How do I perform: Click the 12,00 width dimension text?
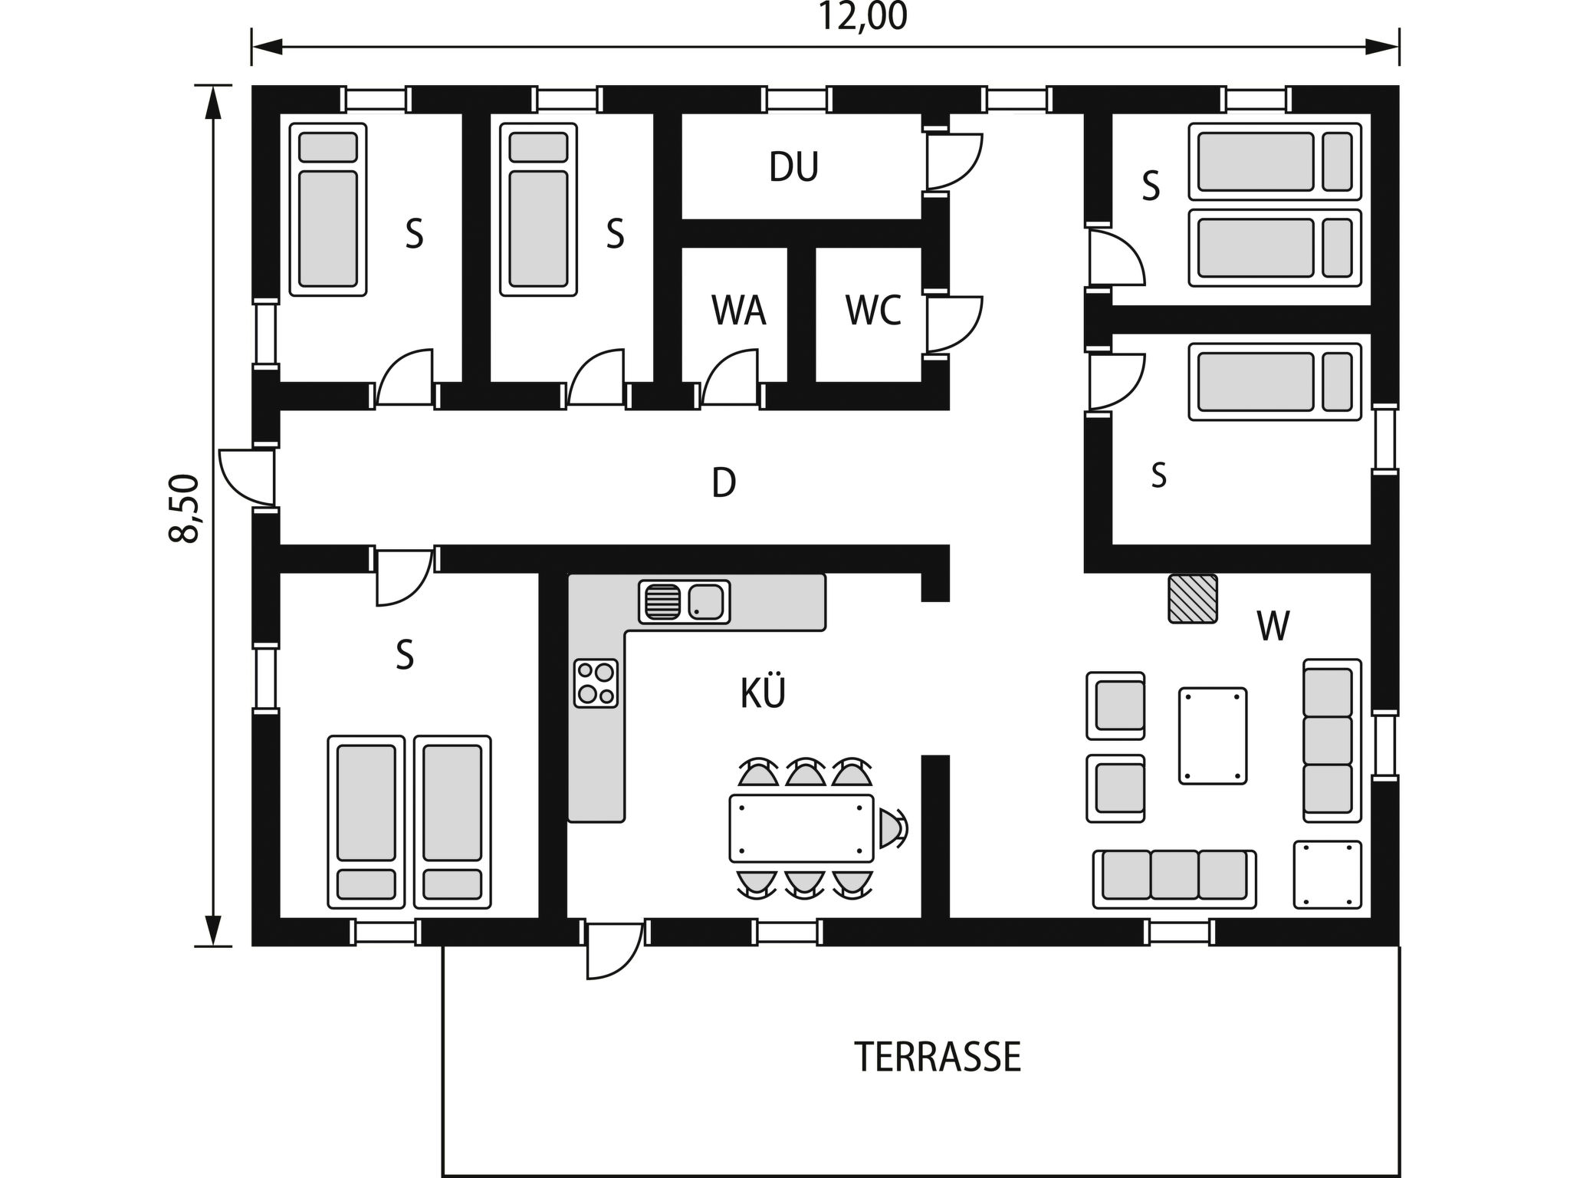tap(863, 17)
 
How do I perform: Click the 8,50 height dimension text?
tap(185, 508)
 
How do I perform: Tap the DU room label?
tap(794, 167)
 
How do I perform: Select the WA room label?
tap(738, 311)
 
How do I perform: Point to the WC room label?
tap(873, 311)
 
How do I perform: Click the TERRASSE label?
tap(938, 1057)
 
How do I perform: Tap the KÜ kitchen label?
tap(763, 693)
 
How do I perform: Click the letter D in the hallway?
tap(724, 483)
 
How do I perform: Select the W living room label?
tap(1273, 627)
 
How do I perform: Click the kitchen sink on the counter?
tap(684, 601)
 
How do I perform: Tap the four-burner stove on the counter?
tap(596, 683)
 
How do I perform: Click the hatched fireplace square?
tap(1193, 598)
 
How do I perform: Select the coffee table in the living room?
tap(1212, 735)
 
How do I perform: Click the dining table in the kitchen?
tap(801, 828)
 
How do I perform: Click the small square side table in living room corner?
tap(1327, 874)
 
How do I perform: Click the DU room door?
tap(954, 161)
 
